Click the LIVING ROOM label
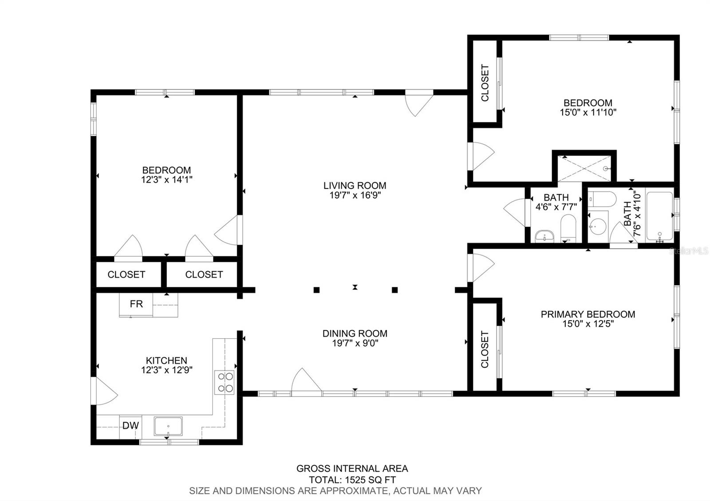coord(355,185)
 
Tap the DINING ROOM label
coord(355,333)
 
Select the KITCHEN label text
coord(166,360)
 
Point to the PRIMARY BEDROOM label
coord(588,314)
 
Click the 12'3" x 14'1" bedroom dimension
coord(167,180)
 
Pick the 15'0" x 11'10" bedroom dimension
coord(588,112)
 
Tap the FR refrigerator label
coord(136,304)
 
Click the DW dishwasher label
coord(130,426)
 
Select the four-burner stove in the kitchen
coord(225,382)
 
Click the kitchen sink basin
coord(168,426)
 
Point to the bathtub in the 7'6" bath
coord(659,216)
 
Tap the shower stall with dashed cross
coord(584,168)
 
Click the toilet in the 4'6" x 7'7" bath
coord(568,228)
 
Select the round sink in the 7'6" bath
coord(598,227)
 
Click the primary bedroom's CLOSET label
coord(485,349)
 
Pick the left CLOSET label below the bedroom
coord(126,274)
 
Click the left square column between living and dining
coord(316,290)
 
